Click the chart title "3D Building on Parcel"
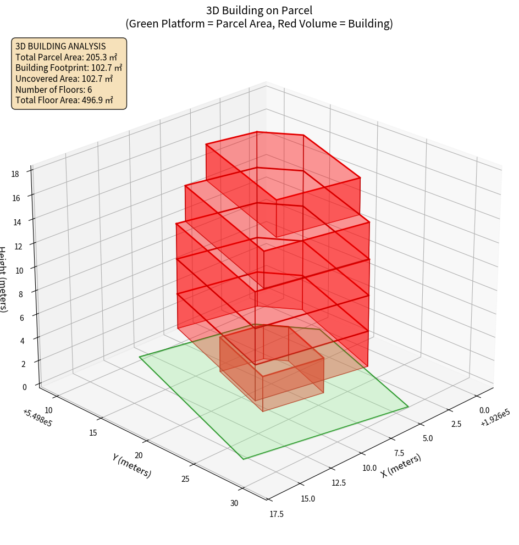pos(259,10)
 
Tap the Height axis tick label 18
pos(15,174)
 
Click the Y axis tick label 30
pos(234,504)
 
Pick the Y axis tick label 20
pos(139,455)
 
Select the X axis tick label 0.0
pos(484,410)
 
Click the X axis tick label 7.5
pos(399,453)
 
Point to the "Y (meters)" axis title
pos(131,465)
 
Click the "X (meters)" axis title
pos(401,466)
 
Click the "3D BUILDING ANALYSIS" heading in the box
pos(60,46)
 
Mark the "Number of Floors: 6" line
pos(54,90)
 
